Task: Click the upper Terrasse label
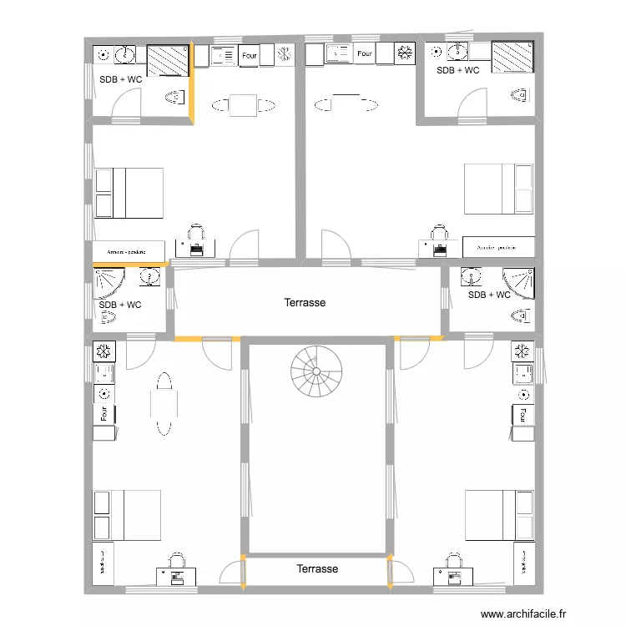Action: coord(305,303)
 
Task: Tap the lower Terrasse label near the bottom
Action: coord(317,568)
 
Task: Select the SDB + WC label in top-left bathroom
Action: coord(120,79)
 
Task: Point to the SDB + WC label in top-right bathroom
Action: coord(458,70)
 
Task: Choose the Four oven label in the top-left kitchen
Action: coord(249,56)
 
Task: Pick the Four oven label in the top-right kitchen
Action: coord(364,54)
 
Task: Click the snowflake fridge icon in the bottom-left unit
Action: coord(104,350)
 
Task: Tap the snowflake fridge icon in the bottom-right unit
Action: coord(523,350)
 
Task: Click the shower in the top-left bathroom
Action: coord(170,61)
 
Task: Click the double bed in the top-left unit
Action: coord(129,193)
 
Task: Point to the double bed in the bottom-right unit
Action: coord(499,514)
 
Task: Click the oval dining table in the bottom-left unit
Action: coord(163,404)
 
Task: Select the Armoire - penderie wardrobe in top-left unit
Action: coord(127,250)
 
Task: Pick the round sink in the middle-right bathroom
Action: coord(472,275)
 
